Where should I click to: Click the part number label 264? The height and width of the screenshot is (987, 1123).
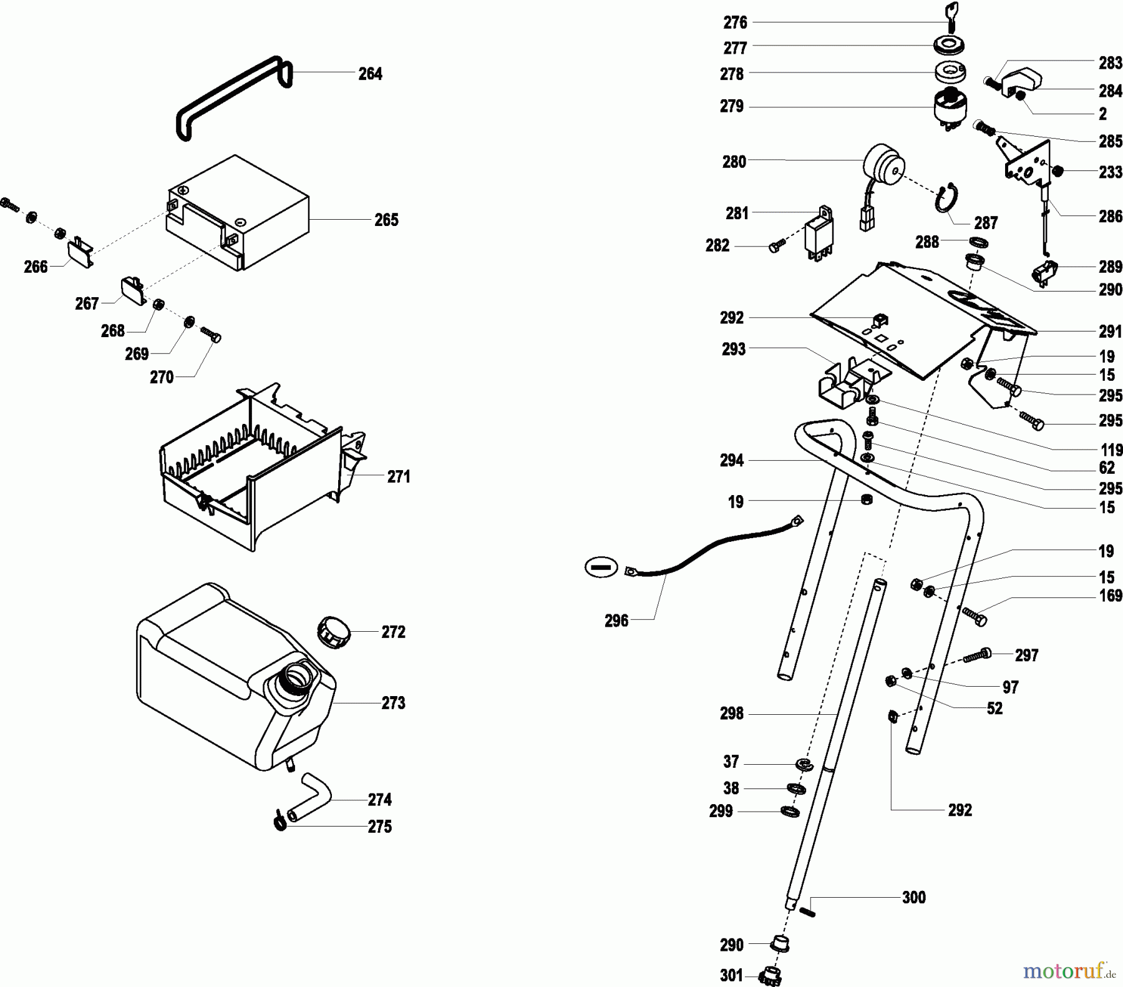370,74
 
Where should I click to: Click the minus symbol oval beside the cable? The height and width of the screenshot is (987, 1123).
601,567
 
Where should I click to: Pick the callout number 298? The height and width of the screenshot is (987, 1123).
732,713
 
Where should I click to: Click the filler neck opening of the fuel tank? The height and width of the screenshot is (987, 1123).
296,675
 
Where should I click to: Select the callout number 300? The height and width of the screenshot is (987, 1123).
914,897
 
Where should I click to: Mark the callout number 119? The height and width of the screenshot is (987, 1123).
1112,450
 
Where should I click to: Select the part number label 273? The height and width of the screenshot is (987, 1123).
394,703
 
